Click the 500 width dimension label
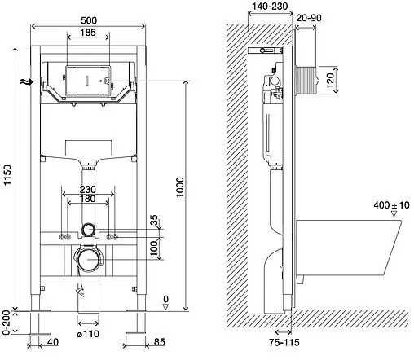coord(89,20)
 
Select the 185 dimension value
coord(88,33)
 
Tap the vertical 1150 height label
coord(7,175)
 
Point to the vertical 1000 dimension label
coord(180,187)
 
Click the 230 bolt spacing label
coord(88,189)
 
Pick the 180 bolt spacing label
coord(87,199)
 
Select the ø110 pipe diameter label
coord(88,334)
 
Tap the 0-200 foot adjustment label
coord(6,323)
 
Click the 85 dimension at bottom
coord(160,342)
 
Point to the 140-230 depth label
coord(270,6)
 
